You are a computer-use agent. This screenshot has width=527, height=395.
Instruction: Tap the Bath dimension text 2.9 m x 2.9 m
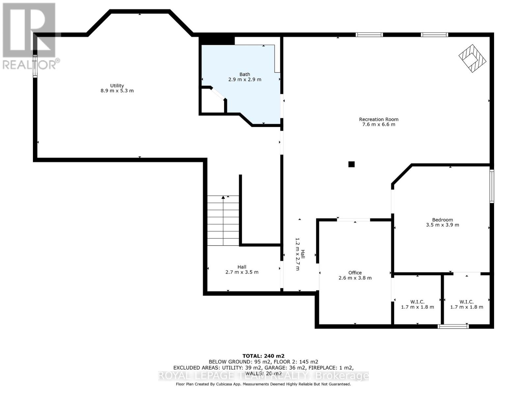pos(245,79)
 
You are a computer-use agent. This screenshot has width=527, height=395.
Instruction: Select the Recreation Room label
pos(379,119)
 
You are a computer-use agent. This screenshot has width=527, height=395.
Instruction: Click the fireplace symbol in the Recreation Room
pos(472,58)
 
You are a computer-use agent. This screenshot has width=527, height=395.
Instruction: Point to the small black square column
pos(351,164)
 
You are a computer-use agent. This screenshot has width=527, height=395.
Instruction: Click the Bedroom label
pos(442,220)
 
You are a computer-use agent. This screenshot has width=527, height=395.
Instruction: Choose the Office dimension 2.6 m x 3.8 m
pos(355,278)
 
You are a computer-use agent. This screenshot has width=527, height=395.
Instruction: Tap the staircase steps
pos(223,221)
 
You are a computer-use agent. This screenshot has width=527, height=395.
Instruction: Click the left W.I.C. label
pos(418,302)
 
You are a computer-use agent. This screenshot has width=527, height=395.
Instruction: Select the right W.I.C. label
pos(466,302)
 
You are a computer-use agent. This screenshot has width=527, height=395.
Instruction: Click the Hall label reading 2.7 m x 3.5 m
pos(242,269)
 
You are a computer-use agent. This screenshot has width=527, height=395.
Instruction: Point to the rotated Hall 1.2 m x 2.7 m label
pos(300,254)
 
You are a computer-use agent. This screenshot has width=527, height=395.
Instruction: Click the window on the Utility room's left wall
pos(35,66)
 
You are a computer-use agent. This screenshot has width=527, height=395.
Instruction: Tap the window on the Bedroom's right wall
pos(492,186)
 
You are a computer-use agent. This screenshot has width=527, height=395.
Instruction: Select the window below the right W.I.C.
pos(453,326)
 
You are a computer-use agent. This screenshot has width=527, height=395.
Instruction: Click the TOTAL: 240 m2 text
pos(263,356)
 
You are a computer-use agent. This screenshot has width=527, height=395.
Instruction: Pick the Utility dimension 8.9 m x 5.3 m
pos(117,91)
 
